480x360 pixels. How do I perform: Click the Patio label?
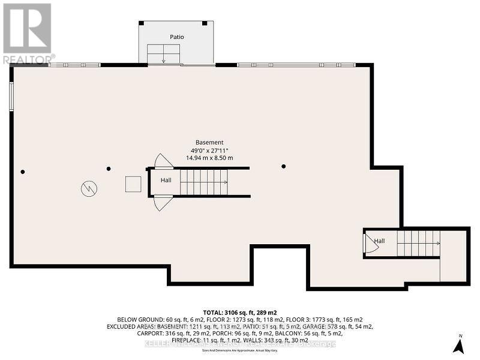[x=176, y=37]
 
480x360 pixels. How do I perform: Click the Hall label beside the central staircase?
[x=166, y=180]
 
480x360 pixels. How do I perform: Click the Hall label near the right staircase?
[x=379, y=241]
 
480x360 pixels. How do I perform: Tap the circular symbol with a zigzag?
[x=88, y=188]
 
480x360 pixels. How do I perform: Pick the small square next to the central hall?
[x=133, y=184]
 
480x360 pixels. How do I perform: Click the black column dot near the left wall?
[x=23, y=172]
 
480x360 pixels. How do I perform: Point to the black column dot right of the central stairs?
[x=284, y=166]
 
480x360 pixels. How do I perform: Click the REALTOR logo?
[x=28, y=33]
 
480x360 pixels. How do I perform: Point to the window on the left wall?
[x=11, y=96]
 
